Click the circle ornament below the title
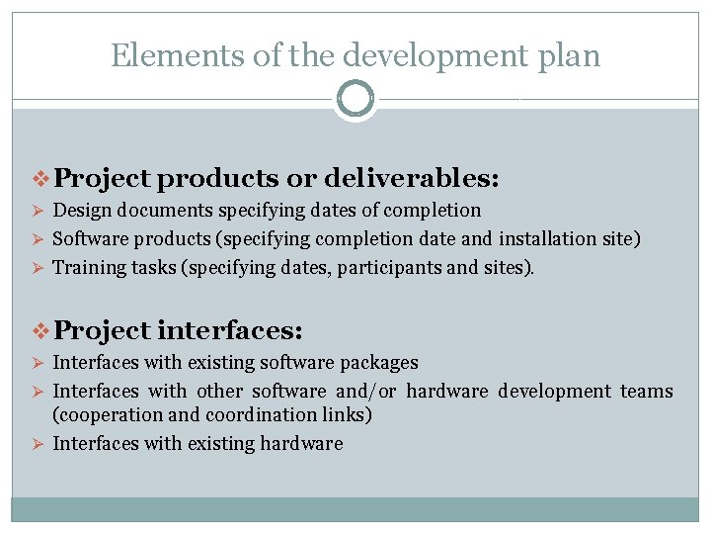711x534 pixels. [355, 99]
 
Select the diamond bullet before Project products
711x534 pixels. [42, 179]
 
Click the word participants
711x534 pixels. [382, 268]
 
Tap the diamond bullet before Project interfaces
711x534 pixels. [42, 329]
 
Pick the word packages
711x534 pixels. [379, 363]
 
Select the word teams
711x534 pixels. [646, 391]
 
